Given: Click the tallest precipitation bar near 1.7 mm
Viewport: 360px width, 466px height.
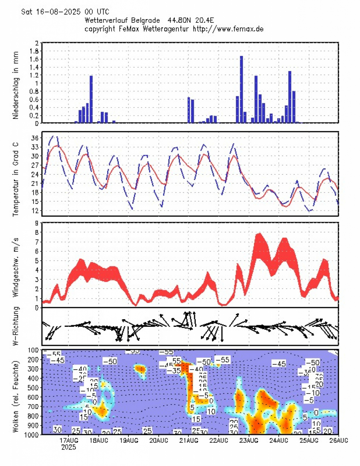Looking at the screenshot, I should [x=241, y=89].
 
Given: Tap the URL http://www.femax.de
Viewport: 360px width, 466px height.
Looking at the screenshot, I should [x=228, y=29].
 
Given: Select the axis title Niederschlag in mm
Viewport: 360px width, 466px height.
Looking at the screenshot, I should [x=16, y=85].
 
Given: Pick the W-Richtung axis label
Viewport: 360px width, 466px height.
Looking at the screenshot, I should [x=16, y=326].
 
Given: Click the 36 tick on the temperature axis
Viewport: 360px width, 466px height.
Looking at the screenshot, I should [x=35, y=138].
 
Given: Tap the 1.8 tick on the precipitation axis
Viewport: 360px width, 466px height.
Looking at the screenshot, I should [x=34, y=51].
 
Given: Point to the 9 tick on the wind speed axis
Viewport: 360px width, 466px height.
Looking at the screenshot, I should [x=37, y=223].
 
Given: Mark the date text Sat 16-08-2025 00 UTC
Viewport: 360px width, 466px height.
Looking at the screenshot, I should [x=65, y=12].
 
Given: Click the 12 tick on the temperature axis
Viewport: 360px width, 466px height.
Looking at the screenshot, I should [x=35, y=210].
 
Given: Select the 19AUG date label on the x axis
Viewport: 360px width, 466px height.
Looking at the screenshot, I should [x=128, y=440].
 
